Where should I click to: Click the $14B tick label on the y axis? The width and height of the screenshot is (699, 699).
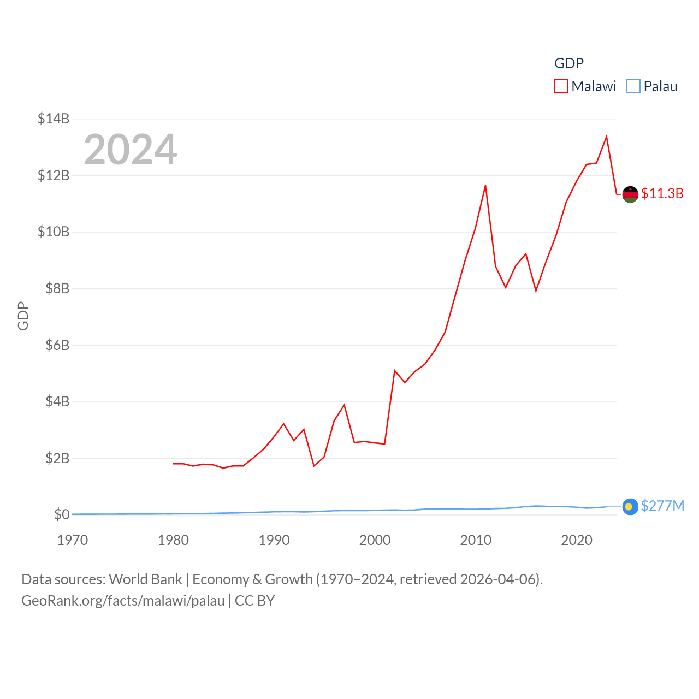coord(54,119)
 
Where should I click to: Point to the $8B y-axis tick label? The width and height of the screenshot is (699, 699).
coord(57,288)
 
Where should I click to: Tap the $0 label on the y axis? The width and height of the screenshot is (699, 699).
coord(62,514)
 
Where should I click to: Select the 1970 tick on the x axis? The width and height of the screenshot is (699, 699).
coord(73,540)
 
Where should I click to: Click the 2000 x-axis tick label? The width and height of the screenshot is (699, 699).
coord(375,540)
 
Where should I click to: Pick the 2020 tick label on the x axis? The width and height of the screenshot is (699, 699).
coord(577,540)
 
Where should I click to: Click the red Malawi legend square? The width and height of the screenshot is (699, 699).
coord(561,86)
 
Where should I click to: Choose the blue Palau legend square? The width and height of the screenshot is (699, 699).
coord(633,86)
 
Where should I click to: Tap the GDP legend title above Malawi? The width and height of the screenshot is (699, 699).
coord(569,63)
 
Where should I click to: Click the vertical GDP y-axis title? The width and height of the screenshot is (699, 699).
coord(23,316)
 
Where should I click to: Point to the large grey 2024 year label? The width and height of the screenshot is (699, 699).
coord(131,150)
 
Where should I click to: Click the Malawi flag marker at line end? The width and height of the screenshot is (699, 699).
coord(630,194)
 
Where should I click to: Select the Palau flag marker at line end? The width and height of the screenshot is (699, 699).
coord(630,507)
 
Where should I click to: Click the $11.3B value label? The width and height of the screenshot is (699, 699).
coord(662,193)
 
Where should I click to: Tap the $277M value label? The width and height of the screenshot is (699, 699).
coord(662,506)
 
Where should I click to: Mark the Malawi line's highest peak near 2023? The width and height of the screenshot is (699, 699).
coord(607,137)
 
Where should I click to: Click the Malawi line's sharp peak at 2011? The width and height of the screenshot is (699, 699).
coord(485,186)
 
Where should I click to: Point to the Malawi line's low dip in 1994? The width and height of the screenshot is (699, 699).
coord(314,466)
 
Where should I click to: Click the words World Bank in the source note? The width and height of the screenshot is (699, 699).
coord(145,579)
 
